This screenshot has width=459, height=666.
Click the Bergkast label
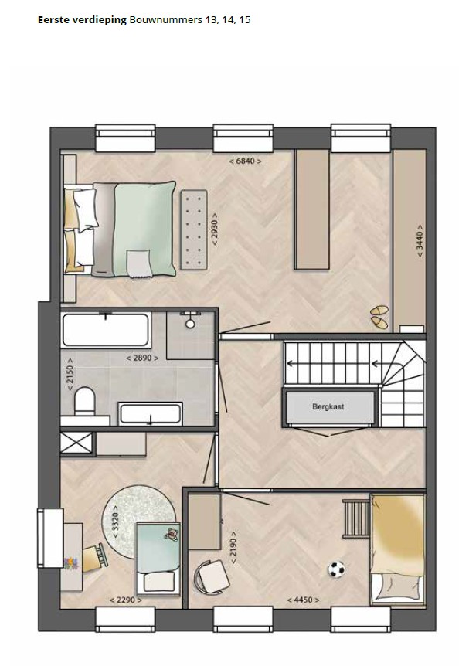click(328, 406)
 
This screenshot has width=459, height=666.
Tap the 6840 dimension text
click(245, 161)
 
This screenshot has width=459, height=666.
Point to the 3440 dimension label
click(420, 240)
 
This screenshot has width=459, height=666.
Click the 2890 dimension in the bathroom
click(142, 358)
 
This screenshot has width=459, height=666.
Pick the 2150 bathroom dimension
click(70, 374)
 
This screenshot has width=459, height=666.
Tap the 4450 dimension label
click(303, 600)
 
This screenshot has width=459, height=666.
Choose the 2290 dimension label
click(126, 600)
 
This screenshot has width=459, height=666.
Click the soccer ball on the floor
click(336, 569)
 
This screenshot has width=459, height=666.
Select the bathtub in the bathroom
click(106, 330)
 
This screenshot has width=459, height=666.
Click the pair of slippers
click(379, 317)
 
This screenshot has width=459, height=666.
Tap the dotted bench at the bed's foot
click(195, 229)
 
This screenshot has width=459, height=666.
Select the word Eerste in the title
click(52, 19)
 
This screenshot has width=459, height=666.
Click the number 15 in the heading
click(245, 20)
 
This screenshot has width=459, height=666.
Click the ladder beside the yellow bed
click(356, 518)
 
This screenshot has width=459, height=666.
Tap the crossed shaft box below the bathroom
click(76, 443)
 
